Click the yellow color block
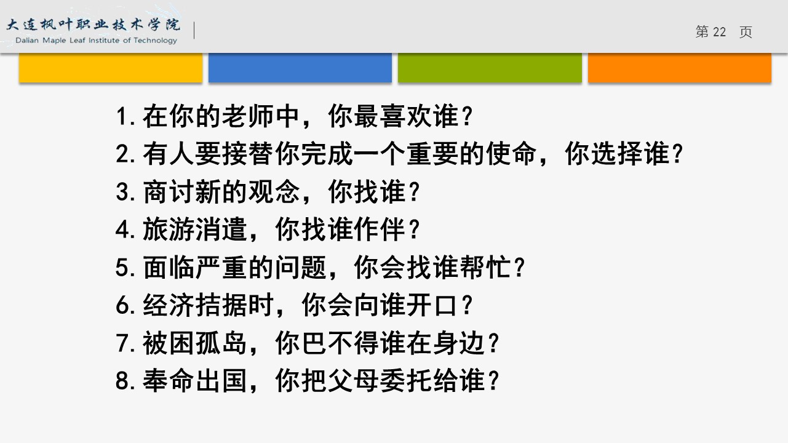click(x=111, y=68)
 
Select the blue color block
click(x=300, y=68)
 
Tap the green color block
click(x=490, y=68)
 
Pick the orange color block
click(x=680, y=68)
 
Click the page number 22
click(x=719, y=32)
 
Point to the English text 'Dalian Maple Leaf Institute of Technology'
click(x=96, y=41)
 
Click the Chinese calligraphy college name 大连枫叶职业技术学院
click(x=94, y=25)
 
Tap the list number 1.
click(x=121, y=116)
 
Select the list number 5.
click(x=122, y=268)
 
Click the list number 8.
click(x=122, y=381)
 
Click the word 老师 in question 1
click(x=235, y=116)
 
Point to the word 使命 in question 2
click(x=512, y=154)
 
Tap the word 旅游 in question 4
click(x=168, y=229)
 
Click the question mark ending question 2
click(x=677, y=154)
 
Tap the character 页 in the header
click(x=746, y=32)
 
